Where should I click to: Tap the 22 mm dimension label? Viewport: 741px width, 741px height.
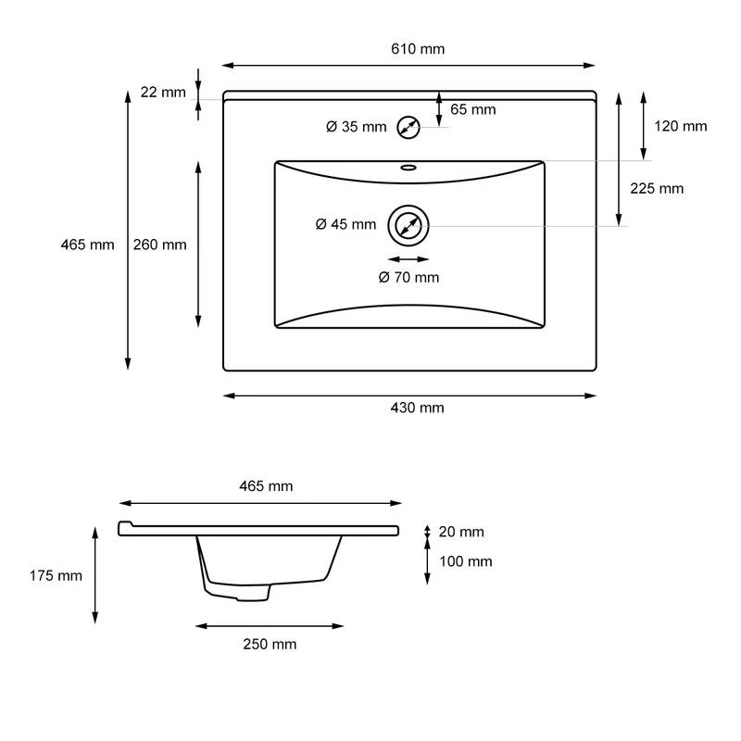[163, 92]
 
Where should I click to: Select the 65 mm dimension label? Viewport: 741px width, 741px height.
[472, 109]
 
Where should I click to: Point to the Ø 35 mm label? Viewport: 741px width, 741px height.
[356, 127]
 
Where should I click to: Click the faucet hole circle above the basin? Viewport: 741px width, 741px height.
[408, 127]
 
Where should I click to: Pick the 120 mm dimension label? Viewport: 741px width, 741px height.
[681, 126]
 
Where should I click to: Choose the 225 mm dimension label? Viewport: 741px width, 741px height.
[657, 188]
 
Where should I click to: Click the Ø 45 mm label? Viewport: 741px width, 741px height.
[345, 224]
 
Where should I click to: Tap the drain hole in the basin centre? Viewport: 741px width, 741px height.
[408, 225]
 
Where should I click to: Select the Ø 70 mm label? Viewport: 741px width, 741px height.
[408, 277]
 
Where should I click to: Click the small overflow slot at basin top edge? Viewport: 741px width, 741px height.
[408, 169]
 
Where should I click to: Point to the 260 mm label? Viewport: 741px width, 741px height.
[160, 245]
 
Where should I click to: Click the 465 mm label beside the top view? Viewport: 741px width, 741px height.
[87, 245]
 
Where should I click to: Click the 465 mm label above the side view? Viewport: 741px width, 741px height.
[266, 486]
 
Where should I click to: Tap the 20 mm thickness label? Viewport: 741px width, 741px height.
[460, 532]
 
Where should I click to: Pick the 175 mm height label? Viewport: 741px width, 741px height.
[56, 575]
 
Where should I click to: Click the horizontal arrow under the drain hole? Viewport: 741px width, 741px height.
[408, 259]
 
